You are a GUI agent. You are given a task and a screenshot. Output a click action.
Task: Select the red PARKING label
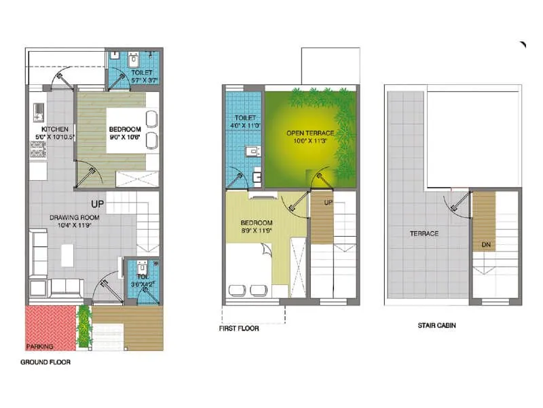40,346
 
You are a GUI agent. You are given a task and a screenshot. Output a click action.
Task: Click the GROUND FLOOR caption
45,362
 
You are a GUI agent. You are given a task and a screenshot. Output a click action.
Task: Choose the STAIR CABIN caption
436,326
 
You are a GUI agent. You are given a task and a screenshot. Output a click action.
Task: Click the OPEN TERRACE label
306,133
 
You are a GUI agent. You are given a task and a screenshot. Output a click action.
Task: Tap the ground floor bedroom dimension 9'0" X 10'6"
125,137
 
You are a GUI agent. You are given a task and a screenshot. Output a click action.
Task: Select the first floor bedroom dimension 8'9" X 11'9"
257,231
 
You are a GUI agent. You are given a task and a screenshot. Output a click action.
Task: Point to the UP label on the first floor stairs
329,203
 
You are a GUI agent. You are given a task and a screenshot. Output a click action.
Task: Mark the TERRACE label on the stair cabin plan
424,233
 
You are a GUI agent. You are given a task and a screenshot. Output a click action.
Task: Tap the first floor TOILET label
244,118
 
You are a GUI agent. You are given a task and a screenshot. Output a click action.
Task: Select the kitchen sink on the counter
37,109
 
